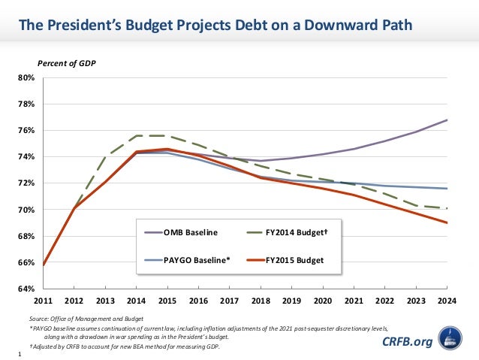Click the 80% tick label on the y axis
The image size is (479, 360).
pos(26,77)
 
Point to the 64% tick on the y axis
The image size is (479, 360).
pos(26,289)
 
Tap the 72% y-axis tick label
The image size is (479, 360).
pos(26,183)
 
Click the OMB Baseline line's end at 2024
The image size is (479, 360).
pos(447,120)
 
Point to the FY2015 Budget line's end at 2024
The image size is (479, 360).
pos(447,222)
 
